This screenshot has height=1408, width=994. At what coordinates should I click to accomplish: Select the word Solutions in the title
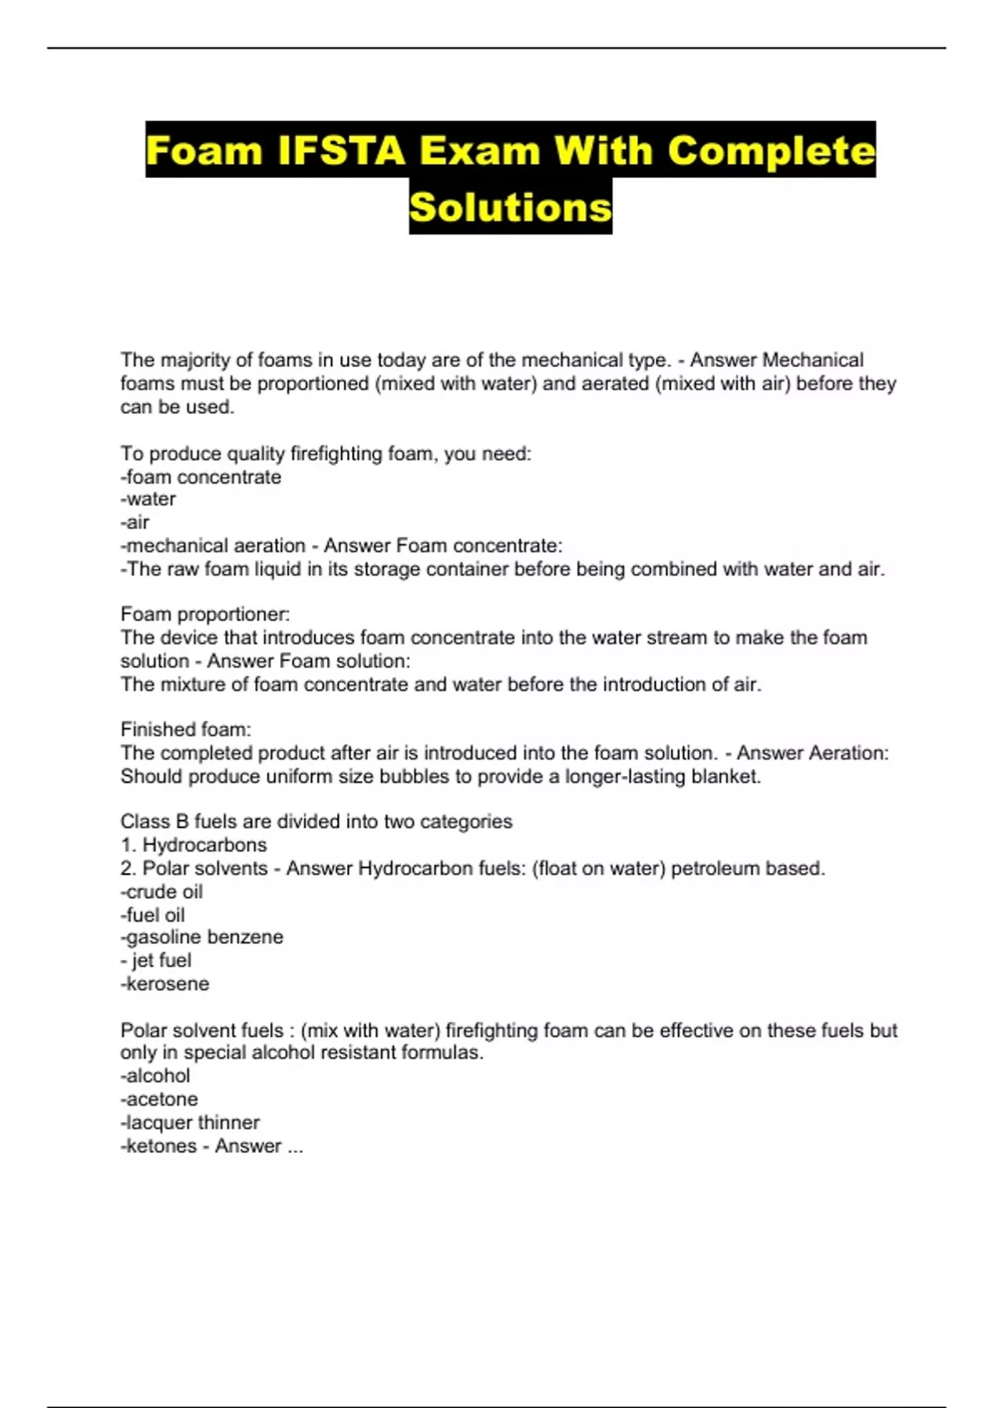(510, 206)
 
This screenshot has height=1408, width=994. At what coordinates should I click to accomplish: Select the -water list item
(148, 499)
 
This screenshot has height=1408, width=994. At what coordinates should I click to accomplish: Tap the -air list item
(135, 523)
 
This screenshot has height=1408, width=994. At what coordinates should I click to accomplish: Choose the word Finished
(155, 730)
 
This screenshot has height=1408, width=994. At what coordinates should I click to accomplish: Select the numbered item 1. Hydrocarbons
(194, 845)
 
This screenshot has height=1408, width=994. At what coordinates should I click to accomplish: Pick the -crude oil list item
(162, 892)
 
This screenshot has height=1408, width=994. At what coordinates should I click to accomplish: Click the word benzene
(245, 938)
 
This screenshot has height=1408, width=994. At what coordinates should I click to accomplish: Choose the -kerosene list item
(165, 984)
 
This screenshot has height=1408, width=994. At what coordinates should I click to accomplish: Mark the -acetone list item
(159, 1099)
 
